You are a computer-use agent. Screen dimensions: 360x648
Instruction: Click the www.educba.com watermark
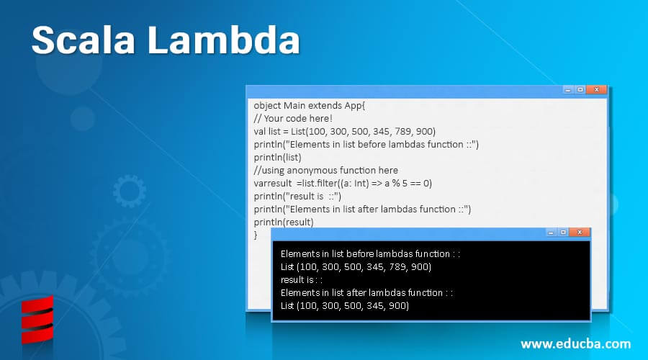point(575,343)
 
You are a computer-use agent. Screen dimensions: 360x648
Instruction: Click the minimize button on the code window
point(568,90)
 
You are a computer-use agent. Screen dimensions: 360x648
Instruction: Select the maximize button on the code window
point(580,90)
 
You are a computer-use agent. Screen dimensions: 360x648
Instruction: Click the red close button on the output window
point(578,233)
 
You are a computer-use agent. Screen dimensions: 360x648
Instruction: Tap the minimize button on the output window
point(550,233)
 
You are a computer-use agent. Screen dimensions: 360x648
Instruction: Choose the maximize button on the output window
point(562,233)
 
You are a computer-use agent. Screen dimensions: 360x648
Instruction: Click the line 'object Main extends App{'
point(310,105)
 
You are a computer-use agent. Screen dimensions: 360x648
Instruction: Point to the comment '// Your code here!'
point(293,118)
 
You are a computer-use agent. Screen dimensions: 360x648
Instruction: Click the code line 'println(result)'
point(284,222)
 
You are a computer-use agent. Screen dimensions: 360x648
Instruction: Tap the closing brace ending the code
point(256,235)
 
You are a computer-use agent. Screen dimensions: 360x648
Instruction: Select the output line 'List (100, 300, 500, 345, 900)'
point(345,305)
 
